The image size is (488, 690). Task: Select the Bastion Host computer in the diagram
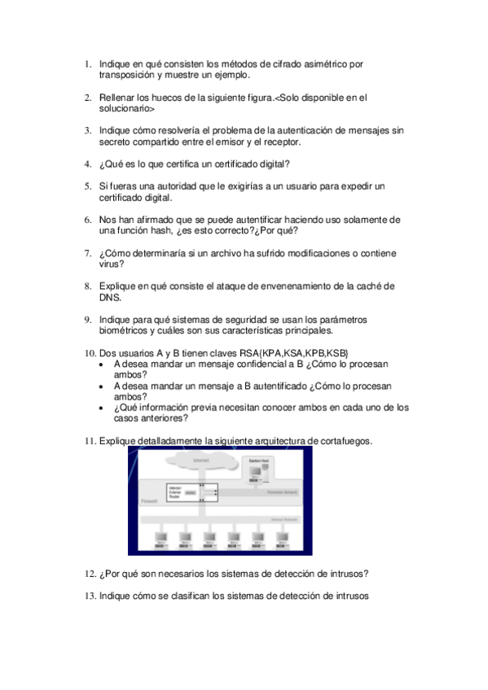click(x=278, y=473)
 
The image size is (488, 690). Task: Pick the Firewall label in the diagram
click(x=149, y=502)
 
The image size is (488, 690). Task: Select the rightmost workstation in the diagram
click(x=282, y=539)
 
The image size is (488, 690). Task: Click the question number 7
click(x=89, y=253)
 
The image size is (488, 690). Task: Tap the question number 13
click(x=90, y=596)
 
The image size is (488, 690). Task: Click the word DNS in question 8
click(x=110, y=298)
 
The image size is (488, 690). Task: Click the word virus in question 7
click(x=112, y=264)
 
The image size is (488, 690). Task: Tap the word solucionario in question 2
click(x=126, y=108)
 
